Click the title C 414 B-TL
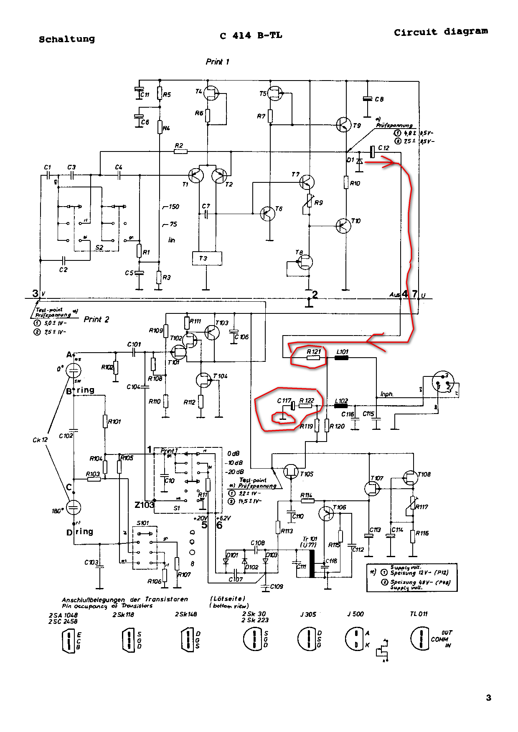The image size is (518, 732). [251, 36]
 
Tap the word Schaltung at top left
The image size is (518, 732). [67, 39]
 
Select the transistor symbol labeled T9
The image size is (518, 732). [343, 125]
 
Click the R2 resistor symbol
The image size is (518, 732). [180, 151]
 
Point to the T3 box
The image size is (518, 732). [207, 258]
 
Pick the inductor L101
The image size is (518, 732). [341, 358]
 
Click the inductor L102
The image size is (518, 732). [341, 406]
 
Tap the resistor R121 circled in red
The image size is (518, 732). [313, 358]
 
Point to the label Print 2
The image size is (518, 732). [96, 319]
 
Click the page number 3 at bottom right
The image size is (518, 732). [488, 697]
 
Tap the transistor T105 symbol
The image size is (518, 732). [291, 471]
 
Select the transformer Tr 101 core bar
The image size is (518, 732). [312, 563]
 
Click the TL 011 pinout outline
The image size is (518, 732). [420, 639]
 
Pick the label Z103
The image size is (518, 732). [144, 505]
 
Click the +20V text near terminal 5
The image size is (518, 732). [201, 518]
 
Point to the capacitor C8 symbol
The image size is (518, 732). [367, 99]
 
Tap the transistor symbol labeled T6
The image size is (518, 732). [267, 214]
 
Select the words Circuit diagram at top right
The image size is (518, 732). [441, 32]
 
